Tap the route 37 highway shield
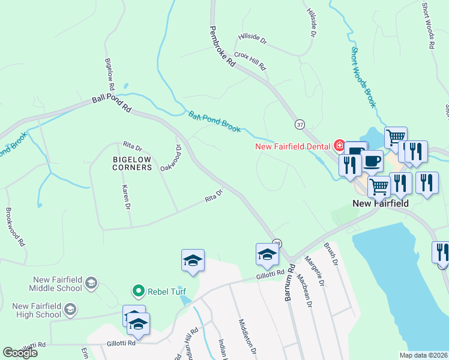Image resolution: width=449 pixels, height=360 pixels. (x=299, y=124)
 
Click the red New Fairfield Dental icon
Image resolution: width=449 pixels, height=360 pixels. (x=339, y=146)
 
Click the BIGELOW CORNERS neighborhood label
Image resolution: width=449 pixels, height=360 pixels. (x=132, y=163)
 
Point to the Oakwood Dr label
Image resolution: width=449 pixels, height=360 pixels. (x=171, y=157)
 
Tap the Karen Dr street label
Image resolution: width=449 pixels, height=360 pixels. (x=126, y=197)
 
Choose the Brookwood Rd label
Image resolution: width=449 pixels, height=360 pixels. (x=15, y=227)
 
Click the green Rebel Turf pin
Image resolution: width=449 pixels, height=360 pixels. (x=138, y=292)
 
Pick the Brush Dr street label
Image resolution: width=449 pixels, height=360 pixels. (x=331, y=254)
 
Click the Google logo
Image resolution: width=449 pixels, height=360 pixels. (x=20, y=352)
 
